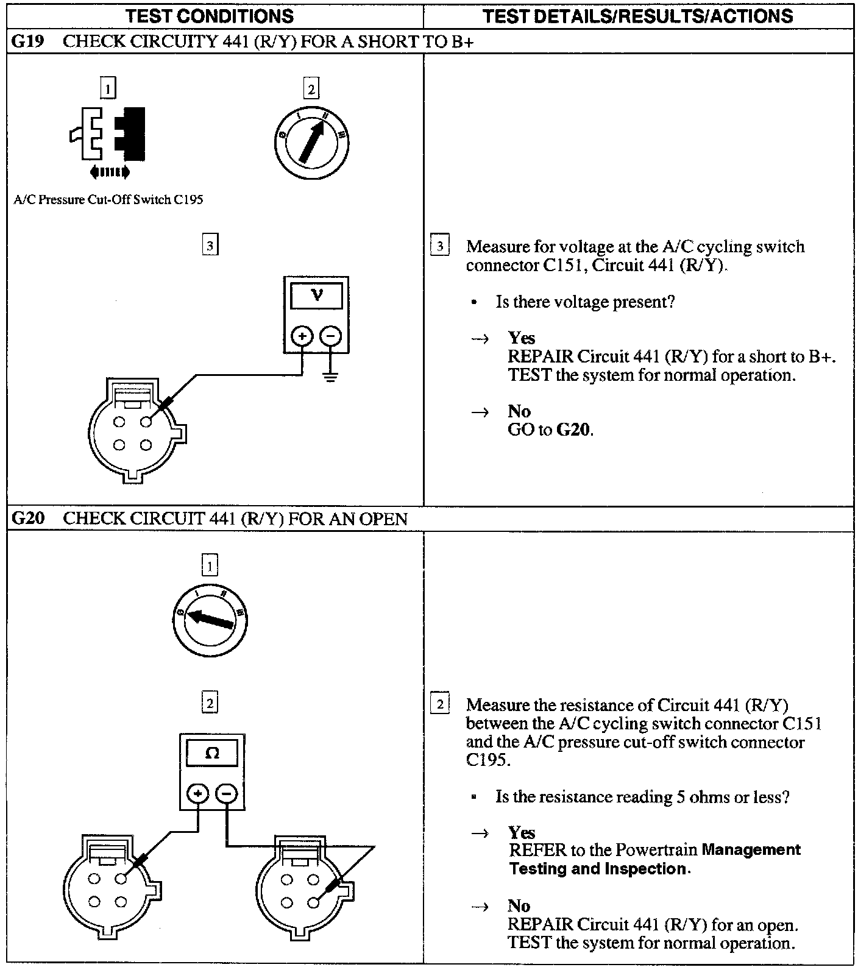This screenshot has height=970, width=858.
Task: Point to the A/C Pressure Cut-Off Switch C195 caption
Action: (108, 200)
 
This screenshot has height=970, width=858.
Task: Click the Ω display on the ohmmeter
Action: (212, 754)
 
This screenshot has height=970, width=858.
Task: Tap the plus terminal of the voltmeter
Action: (302, 335)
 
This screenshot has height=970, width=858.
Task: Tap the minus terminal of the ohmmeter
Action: (226, 793)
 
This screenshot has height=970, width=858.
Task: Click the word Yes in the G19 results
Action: (522, 338)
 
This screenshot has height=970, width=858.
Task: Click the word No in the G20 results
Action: (519, 906)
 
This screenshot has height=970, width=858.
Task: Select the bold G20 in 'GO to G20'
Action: (573, 430)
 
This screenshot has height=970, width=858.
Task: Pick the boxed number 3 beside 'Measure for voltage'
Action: (439, 247)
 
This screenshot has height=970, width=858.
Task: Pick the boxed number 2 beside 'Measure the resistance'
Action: (439, 704)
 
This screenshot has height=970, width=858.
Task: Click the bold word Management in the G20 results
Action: (751, 850)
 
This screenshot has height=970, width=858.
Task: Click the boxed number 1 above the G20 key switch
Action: (209, 567)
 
